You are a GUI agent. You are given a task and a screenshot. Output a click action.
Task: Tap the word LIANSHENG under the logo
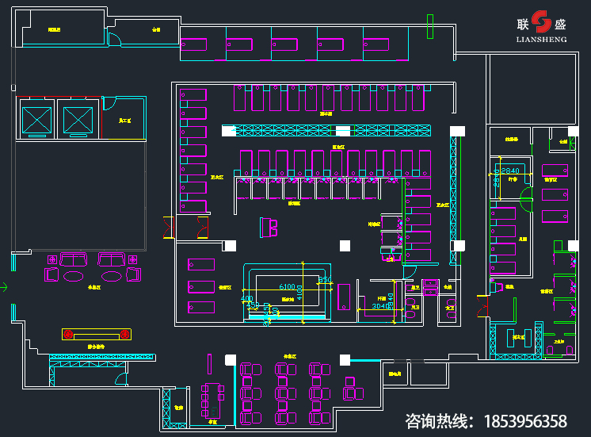[x=541, y=37]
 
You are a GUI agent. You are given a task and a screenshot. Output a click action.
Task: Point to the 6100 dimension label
[x=286, y=287]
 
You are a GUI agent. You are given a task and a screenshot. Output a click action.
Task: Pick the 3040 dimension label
[x=380, y=305]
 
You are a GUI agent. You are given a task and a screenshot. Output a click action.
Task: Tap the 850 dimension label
[x=323, y=280]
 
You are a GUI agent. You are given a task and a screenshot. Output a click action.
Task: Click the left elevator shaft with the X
[x=36, y=120]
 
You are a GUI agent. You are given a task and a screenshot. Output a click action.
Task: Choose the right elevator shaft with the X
[x=78, y=120]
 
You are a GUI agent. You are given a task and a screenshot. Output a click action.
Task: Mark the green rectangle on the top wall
[x=430, y=26]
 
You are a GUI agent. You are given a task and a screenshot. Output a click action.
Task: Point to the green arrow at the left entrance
[x=3, y=286]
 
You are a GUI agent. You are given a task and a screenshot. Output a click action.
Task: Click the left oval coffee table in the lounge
[x=74, y=276]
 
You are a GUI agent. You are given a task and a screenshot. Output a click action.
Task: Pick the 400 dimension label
[x=247, y=300]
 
